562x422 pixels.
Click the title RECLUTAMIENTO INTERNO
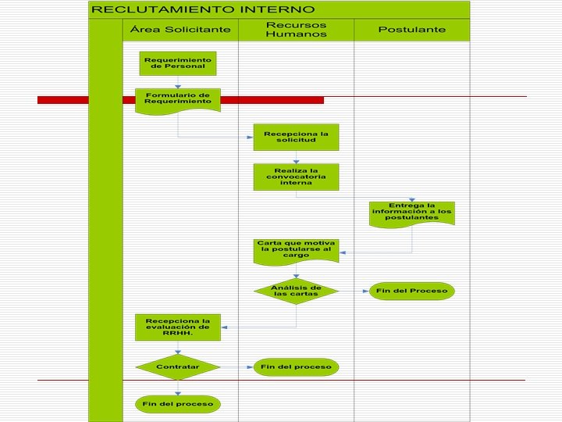204,9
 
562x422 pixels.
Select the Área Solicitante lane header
180,30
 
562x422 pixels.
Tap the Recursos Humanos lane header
296,30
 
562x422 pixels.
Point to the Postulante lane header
412,30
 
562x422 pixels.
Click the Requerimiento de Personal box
178,63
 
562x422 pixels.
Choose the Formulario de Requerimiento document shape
178,99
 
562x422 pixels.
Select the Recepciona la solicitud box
296,137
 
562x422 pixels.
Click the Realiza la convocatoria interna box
296,177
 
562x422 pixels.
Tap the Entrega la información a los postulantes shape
411,213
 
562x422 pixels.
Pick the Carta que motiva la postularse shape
296,249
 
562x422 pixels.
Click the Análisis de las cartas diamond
296,291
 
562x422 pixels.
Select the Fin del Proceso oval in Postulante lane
411,291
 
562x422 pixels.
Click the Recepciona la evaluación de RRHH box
178,327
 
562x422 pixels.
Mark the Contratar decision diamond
178,367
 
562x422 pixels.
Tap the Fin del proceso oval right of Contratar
296,367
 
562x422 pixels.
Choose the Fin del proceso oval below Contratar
178,404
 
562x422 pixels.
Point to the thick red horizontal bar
234,100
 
